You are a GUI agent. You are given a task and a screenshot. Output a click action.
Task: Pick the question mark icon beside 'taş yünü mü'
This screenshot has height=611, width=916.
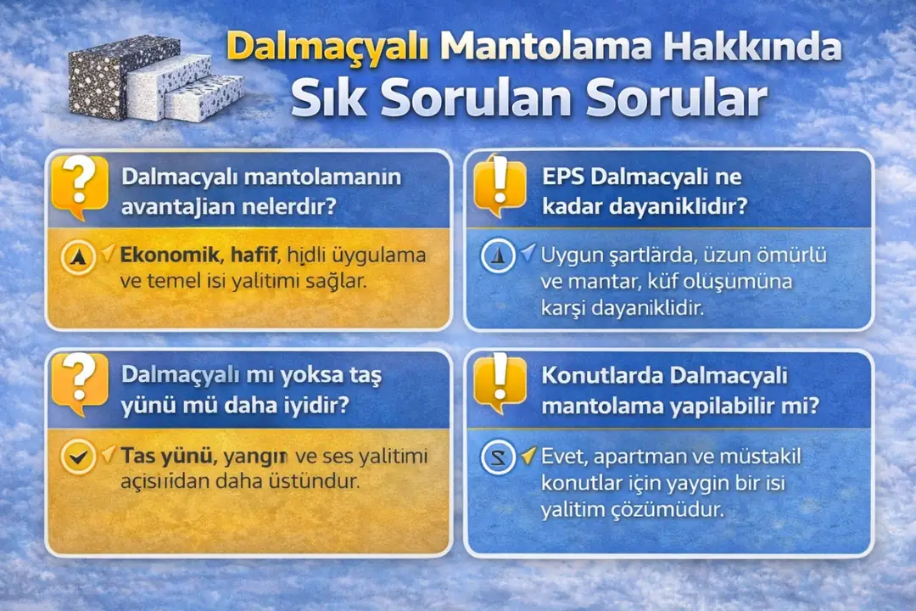[x=80, y=384]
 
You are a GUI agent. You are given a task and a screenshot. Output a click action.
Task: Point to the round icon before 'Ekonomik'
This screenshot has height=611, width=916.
[x=79, y=257]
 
